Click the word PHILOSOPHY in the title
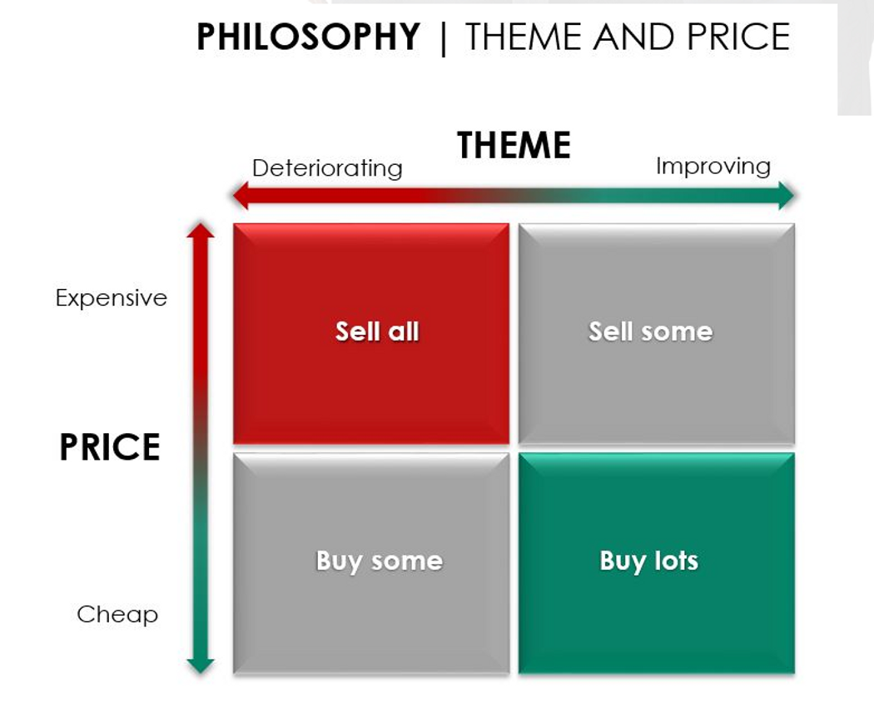point(308,37)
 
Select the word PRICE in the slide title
point(738,37)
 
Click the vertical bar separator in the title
point(443,38)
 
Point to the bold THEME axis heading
point(514,145)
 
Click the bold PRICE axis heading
point(110,447)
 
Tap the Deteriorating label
point(327,168)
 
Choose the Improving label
point(713,167)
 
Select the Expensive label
point(112,298)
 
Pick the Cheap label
point(117,614)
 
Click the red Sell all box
point(371,334)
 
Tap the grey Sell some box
point(657,334)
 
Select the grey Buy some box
point(371,564)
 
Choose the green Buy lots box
point(657,564)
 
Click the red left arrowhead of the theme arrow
point(241,195)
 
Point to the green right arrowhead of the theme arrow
point(787,195)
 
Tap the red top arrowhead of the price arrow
point(201,230)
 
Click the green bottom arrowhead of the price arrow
point(201,666)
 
